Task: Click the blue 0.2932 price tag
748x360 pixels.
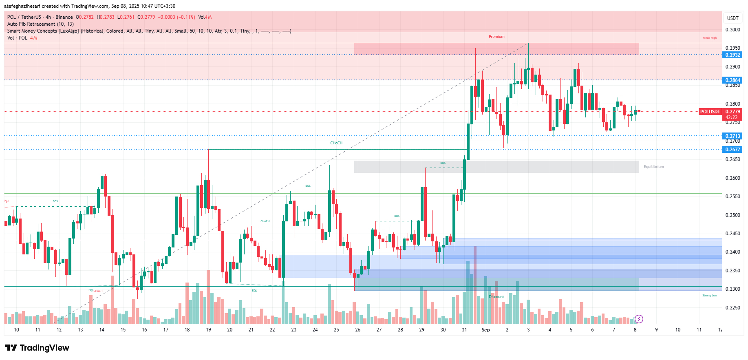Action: pos(733,55)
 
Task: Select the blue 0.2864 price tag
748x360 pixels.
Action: pos(733,80)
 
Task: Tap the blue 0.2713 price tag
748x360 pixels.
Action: pos(733,136)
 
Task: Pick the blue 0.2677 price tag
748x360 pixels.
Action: pos(733,150)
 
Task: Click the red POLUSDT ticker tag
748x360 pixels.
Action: pos(710,112)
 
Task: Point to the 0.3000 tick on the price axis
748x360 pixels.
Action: pos(733,30)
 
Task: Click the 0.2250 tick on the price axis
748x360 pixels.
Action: pos(733,308)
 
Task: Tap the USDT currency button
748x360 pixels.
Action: pos(733,18)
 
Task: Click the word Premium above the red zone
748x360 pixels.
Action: pos(496,37)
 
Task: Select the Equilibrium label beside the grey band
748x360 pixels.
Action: pos(653,167)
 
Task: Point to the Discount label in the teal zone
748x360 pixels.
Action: pos(496,297)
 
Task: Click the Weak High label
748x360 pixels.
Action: pos(709,38)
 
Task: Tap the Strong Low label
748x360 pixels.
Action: pos(709,296)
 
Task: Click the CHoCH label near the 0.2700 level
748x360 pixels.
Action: pos(336,143)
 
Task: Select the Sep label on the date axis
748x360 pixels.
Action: pos(485,330)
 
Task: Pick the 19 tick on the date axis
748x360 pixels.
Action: pos(208,330)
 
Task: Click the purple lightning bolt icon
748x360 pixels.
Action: pos(639,319)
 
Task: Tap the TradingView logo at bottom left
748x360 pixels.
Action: pos(37,348)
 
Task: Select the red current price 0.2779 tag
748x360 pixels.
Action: pos(733,112)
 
